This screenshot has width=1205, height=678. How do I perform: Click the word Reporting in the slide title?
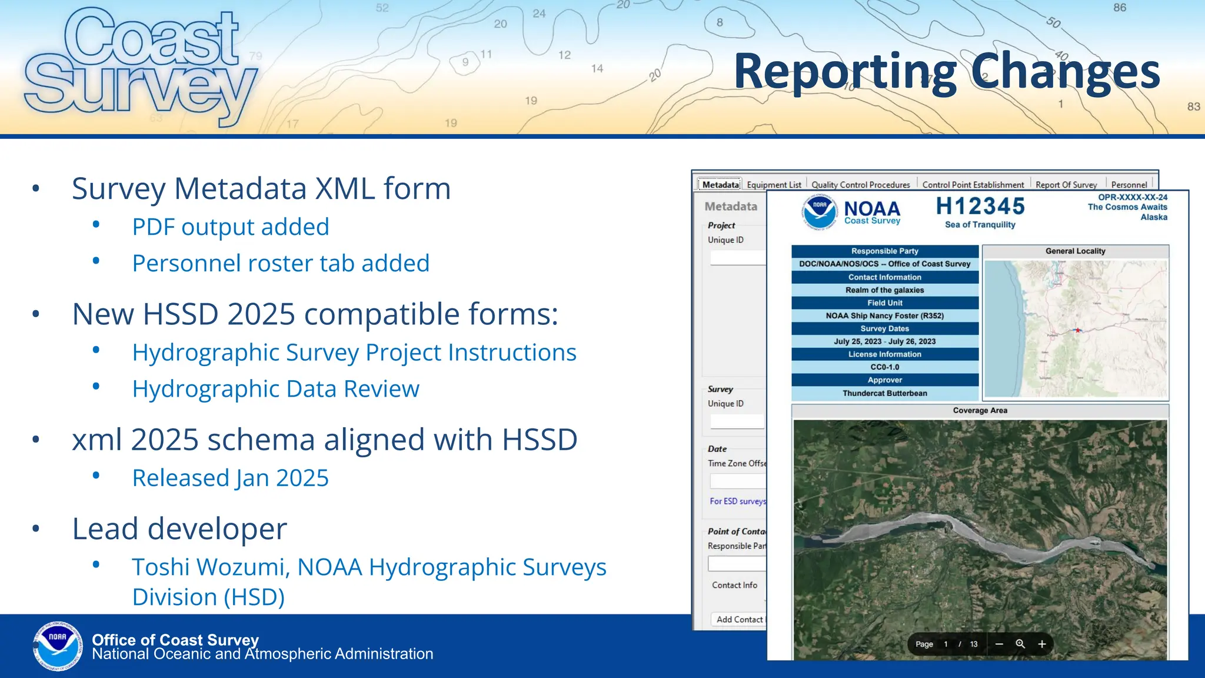point(846,72)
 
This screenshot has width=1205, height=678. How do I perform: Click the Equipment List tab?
point(774,185)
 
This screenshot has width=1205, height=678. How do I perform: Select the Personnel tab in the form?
point(1129,185)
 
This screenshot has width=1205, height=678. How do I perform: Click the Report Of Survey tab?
point(1066,185)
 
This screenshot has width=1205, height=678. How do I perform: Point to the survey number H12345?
point(980,207)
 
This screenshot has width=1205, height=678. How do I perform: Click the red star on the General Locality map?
point(1078,330)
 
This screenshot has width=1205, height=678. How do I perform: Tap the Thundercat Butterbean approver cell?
point(884,393)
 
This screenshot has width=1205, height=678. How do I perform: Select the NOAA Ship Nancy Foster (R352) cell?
point(884,316)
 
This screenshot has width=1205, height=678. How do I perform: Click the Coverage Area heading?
point(980,411)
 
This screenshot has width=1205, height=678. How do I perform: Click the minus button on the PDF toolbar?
point(999,644)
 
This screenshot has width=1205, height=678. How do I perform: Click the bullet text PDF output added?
point(230,227)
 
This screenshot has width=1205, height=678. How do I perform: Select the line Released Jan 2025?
point(230,478)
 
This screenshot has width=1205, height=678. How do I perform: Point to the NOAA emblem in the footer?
point(58,646)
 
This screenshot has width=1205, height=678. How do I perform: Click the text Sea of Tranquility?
point(980,225)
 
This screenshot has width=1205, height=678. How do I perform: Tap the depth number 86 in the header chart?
point(1119,8)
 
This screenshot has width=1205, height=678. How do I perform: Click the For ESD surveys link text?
point(737,501)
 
